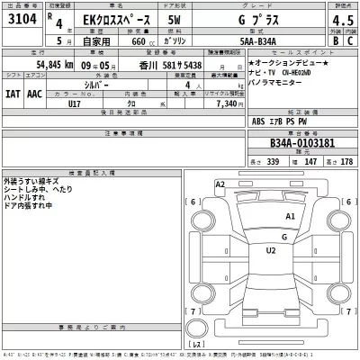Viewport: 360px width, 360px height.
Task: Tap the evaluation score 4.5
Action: (x=337, y=19)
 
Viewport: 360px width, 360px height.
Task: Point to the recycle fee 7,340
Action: (x=221, y=103)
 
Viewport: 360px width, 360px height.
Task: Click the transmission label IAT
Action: (x=13, y=94)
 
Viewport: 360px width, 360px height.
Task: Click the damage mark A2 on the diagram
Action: (x=220, y=184)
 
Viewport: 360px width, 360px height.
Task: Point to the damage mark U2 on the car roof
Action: (x=271, y=251)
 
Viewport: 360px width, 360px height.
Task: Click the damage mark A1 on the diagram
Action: (x=290, y=217)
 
